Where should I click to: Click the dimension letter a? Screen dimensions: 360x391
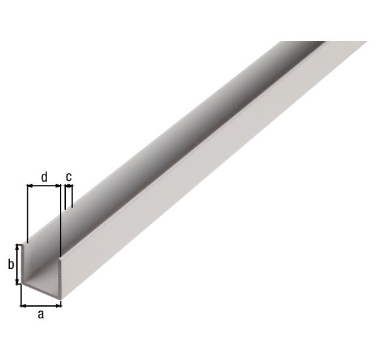click(40, 315)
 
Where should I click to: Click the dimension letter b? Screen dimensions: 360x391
click(10, 264)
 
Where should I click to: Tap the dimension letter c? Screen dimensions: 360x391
click(68, 176)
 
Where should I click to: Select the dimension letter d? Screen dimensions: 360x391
click(44, 176)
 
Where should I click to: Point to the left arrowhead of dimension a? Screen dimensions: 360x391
click(24, 304)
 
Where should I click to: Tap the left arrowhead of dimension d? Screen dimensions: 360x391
click(29, 186)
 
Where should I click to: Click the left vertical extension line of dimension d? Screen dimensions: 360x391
click(27, 215)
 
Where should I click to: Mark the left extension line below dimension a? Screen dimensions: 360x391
click(22, 296)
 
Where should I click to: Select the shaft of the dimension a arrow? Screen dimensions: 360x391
click(41, 304)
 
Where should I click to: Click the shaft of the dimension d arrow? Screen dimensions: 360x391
click(43, 186)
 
